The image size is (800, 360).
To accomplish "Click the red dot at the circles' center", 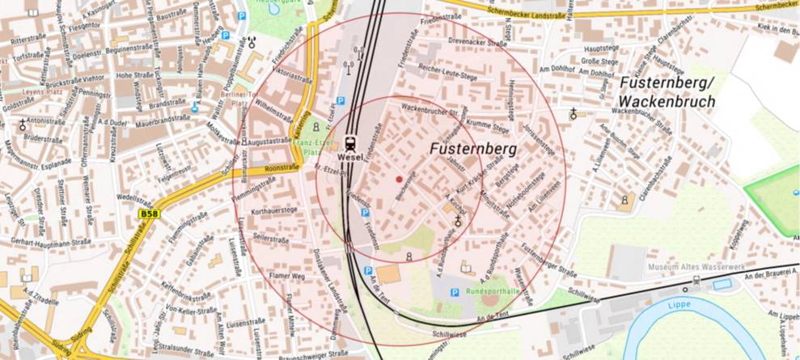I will pyautogui.click(x=399, y=178).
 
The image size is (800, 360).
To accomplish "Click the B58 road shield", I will pyautogui.click(x=148, y=214).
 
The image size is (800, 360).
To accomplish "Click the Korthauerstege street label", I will pyautogui.click(x=276, y=210).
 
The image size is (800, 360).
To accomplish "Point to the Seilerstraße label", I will pyautogui.click(x=271, y=239).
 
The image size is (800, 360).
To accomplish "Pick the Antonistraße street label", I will pyautogui.click(x=46, y=121).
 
